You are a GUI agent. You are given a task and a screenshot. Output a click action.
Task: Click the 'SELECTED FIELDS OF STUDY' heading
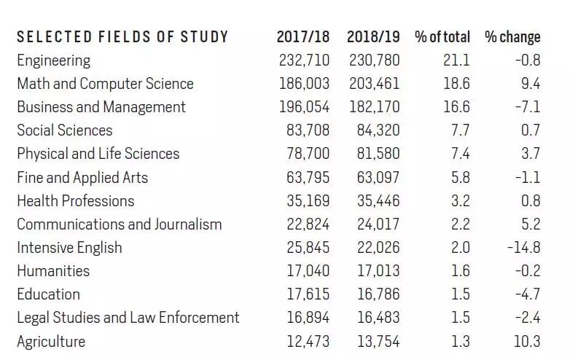[122, 36]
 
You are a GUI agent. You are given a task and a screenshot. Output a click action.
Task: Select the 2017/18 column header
[302, 36]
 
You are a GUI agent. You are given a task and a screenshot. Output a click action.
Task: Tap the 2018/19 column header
[373, 36]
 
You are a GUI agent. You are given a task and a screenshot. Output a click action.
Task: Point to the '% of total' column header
[442, 36]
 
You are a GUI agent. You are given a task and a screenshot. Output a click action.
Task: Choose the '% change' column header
[512, 36]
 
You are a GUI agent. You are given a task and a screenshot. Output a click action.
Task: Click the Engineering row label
[54, 60]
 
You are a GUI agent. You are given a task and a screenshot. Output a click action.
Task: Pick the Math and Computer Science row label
[105, 83]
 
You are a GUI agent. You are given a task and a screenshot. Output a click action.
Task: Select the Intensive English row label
[69, 247]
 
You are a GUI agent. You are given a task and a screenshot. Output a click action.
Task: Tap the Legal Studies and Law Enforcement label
[128, 318]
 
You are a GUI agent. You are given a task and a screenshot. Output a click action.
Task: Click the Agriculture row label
[51, 341]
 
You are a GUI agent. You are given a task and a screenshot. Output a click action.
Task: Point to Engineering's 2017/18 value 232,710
[304, 60]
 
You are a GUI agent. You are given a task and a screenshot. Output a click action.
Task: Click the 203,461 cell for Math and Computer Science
[375, 83]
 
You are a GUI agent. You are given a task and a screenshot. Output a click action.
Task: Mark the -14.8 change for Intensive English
[523, 247]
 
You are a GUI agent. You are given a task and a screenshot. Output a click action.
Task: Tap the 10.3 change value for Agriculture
[526, 341]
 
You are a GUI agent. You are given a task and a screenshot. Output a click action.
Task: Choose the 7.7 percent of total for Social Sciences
[461, 130]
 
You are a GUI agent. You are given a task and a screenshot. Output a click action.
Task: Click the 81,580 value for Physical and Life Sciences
[378, 154]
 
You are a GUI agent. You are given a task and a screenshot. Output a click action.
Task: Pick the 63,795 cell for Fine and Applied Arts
[308, 177]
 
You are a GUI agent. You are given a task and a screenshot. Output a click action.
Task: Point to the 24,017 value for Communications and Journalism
[378, 224]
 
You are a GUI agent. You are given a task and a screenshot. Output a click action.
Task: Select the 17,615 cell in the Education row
[308, 294]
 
